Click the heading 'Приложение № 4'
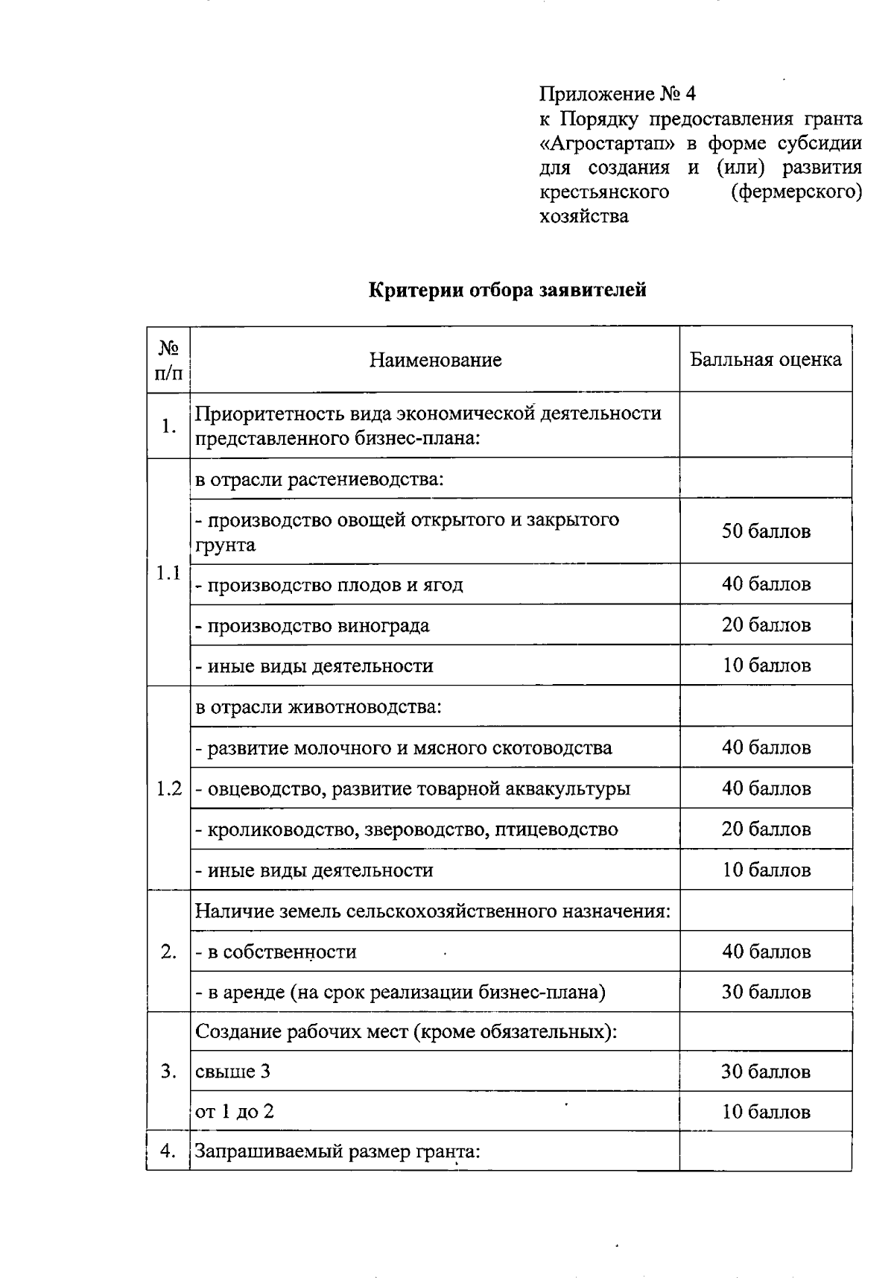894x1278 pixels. pos(618,95)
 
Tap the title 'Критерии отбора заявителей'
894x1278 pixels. pos(507,290)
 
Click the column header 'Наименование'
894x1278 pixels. pos(435,361)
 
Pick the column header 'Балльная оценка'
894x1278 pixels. pos(765,360)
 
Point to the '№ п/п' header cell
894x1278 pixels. pos(168,361)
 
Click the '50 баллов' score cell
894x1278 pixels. pos(765,531)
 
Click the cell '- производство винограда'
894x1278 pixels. pos(312,625)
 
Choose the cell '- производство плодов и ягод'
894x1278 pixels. pos(329,585)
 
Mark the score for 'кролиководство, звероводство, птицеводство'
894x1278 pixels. pos(765,829)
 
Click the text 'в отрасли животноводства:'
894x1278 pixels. pos(319,706)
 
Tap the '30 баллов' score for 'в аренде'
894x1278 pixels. pos(765,993)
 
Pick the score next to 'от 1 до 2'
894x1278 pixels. pos(765,1113)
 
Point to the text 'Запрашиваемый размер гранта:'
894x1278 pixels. pos(337,1152)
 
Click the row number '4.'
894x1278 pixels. pos(168,1151)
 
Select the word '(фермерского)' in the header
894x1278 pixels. pos(796,192)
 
